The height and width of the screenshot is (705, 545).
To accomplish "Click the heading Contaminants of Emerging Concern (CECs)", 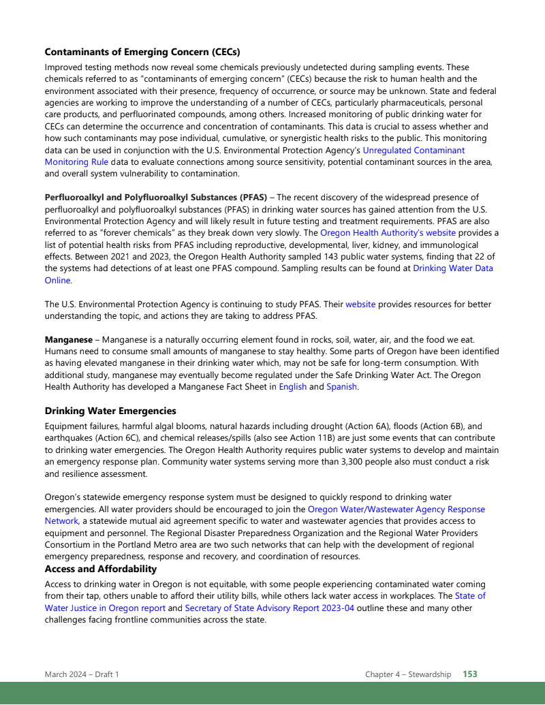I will (x=142, y=52).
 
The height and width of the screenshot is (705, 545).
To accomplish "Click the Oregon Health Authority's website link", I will (x=388, y=232).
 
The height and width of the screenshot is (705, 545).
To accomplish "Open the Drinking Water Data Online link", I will (x=452, y=268).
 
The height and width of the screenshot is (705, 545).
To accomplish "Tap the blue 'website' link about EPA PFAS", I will (x=360, y=304).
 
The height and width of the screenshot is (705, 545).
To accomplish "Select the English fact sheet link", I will (x=293, y=387).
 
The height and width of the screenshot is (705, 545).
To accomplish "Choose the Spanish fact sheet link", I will (x=341, y=387).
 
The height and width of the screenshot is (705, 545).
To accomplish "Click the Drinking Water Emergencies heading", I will (x=110, y=411).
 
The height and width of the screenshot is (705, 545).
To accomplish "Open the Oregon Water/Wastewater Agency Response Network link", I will (x=396, y=509).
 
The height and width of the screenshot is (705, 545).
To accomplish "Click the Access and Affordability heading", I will (x=101, y=569).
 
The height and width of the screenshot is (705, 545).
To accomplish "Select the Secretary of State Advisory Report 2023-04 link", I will (x=270, y=608).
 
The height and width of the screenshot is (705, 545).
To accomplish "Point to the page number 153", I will (x=470, y=674).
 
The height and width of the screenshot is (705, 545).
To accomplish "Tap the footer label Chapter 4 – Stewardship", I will (x=408, y=674).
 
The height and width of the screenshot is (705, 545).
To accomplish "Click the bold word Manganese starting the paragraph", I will (x=69, y=339).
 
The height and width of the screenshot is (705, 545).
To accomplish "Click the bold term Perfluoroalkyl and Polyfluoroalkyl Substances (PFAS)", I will (x=155, y=198).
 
